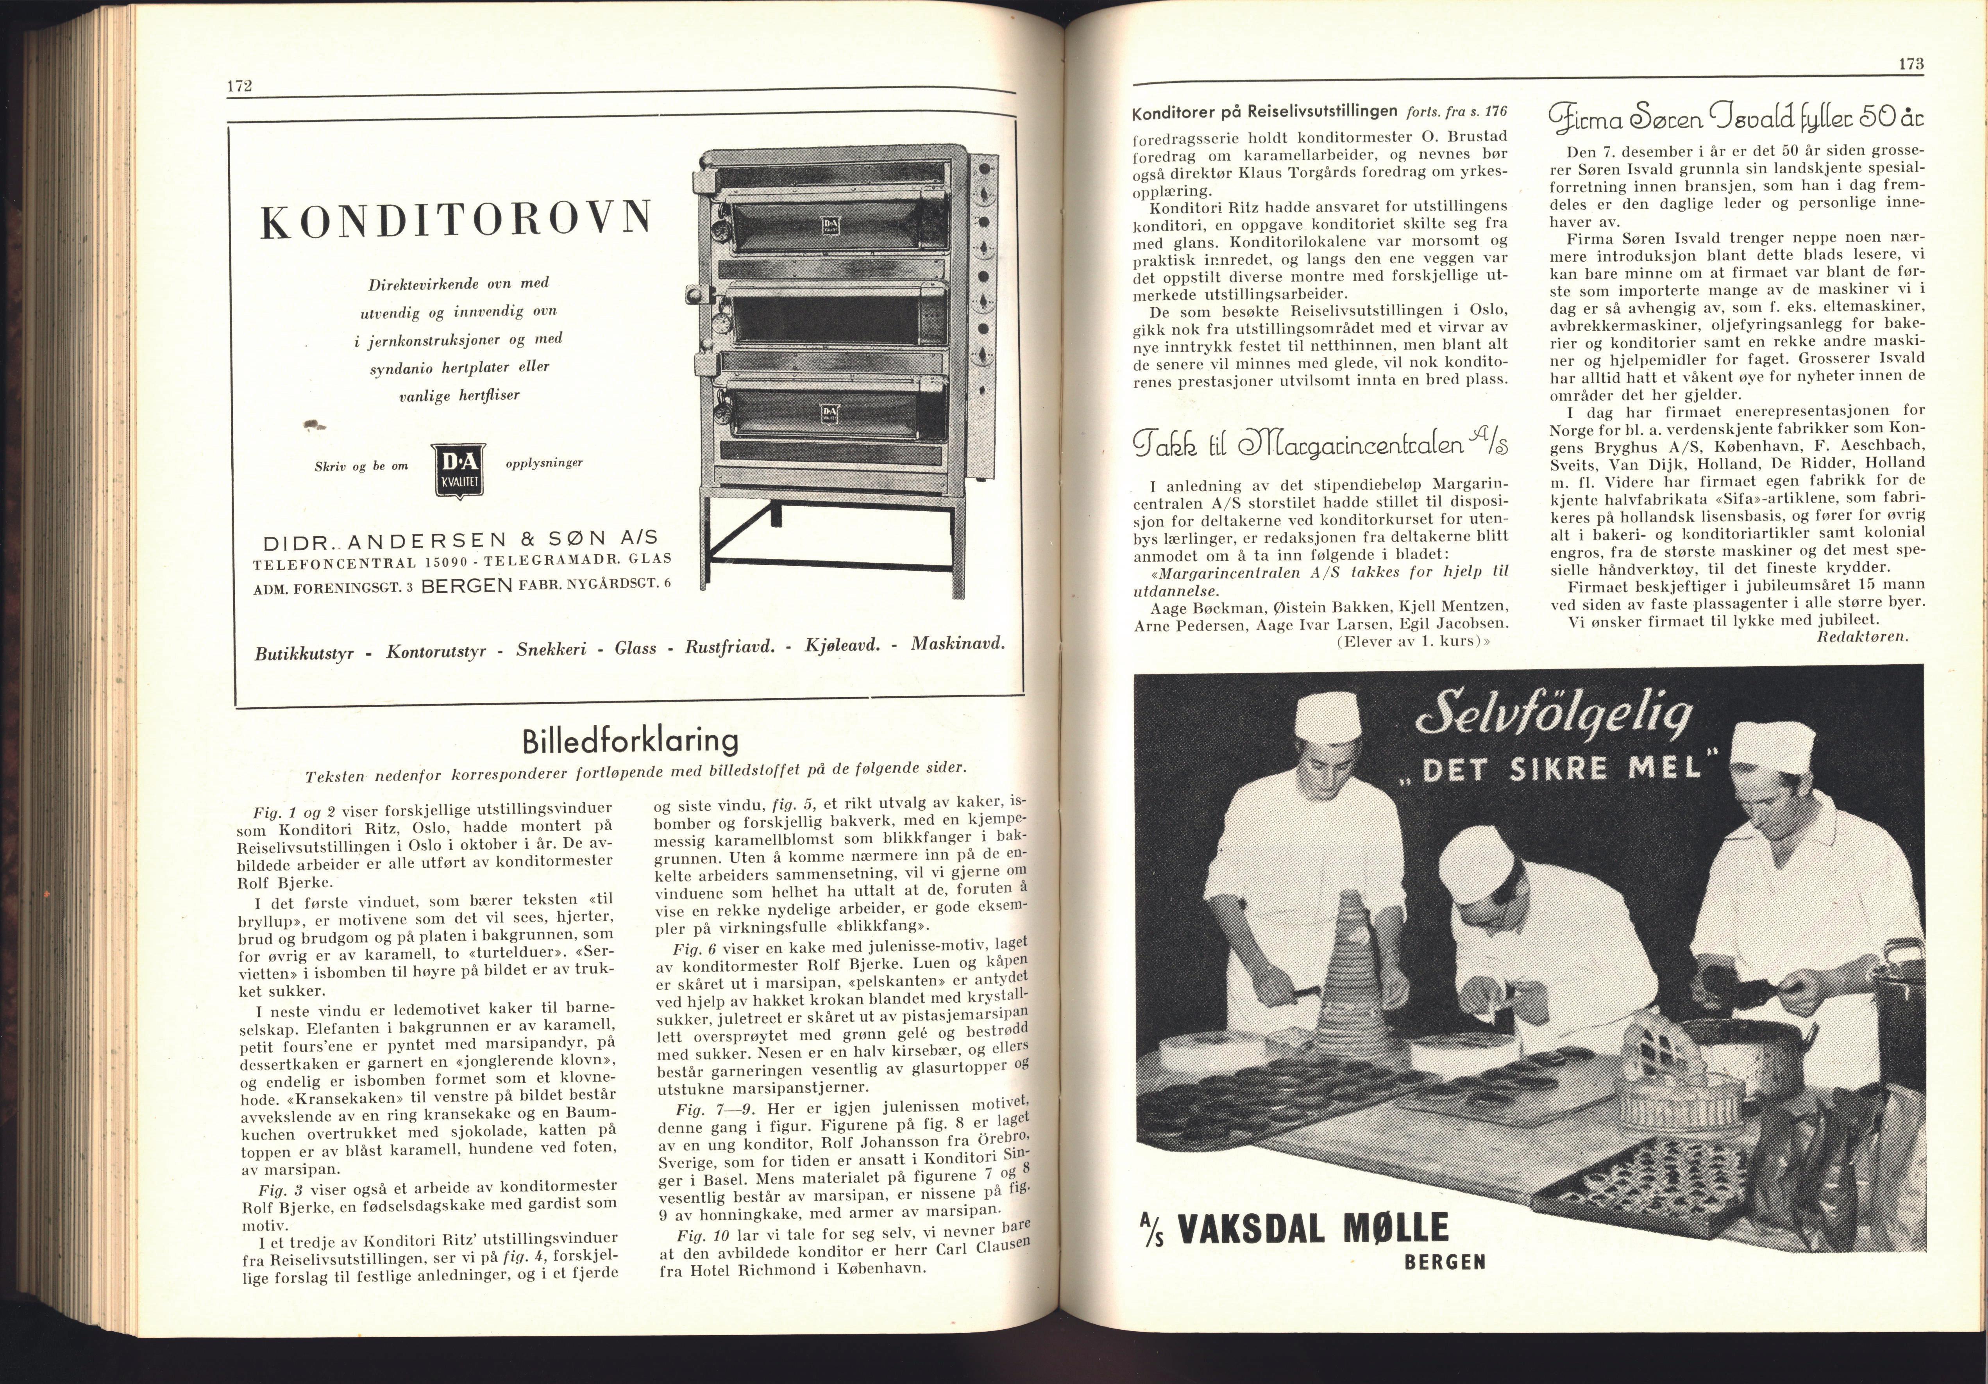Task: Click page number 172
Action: click(x=239, y=86)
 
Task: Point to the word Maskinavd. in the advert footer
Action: click(x=957, y=644)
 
